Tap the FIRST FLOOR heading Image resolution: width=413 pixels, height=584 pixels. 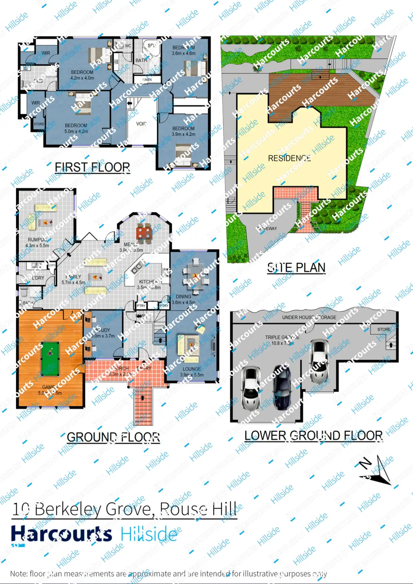(93, 167)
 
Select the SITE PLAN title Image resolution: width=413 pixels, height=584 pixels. (296, 268)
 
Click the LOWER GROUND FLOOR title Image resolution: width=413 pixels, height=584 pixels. (313, 435)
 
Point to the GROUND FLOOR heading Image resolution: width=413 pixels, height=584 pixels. (113, 437)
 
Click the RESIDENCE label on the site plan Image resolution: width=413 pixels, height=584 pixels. (289, 158)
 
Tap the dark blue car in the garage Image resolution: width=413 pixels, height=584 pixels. (282, 387)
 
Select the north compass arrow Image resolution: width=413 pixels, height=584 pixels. (376, 470)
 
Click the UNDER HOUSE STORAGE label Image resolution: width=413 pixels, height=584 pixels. (309, 317)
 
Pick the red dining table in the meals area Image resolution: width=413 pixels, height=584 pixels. (144, 232)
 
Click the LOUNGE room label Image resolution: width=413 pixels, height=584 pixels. (192, 369)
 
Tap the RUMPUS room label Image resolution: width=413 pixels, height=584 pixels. (37, 240)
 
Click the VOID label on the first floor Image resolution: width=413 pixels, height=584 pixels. (141, 124)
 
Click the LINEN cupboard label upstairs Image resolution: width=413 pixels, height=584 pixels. (147, 80)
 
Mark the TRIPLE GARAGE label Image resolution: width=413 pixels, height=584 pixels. (282, 337)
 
